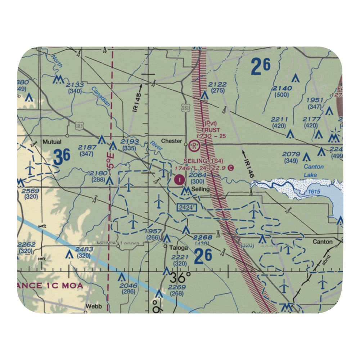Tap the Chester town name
(171, 141)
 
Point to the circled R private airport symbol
(194, 146)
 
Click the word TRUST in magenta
(210, 130)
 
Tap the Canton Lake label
(314, 171)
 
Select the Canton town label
(323, 242)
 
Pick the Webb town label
(94, 307)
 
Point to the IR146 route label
(247, 168)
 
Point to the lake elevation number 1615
(314, 192)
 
